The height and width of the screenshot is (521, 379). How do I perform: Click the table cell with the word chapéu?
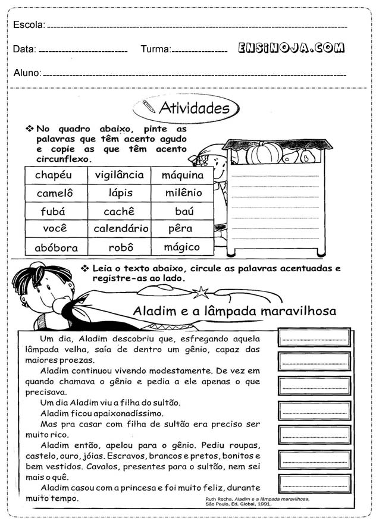click(53, 175)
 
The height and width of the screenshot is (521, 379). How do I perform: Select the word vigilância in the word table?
click(119, 175)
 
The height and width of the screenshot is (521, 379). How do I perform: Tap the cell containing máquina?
click(183, 175)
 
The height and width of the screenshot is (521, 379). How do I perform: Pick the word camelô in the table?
click(54, 193)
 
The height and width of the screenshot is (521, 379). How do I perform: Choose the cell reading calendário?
click(121, 228)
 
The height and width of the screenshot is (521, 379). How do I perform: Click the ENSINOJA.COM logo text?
click(291, 49)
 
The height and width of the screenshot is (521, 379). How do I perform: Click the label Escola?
click(28, 25)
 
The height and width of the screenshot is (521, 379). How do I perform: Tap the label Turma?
click(155, 49)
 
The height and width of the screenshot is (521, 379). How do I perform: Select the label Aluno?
click(27, 73)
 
